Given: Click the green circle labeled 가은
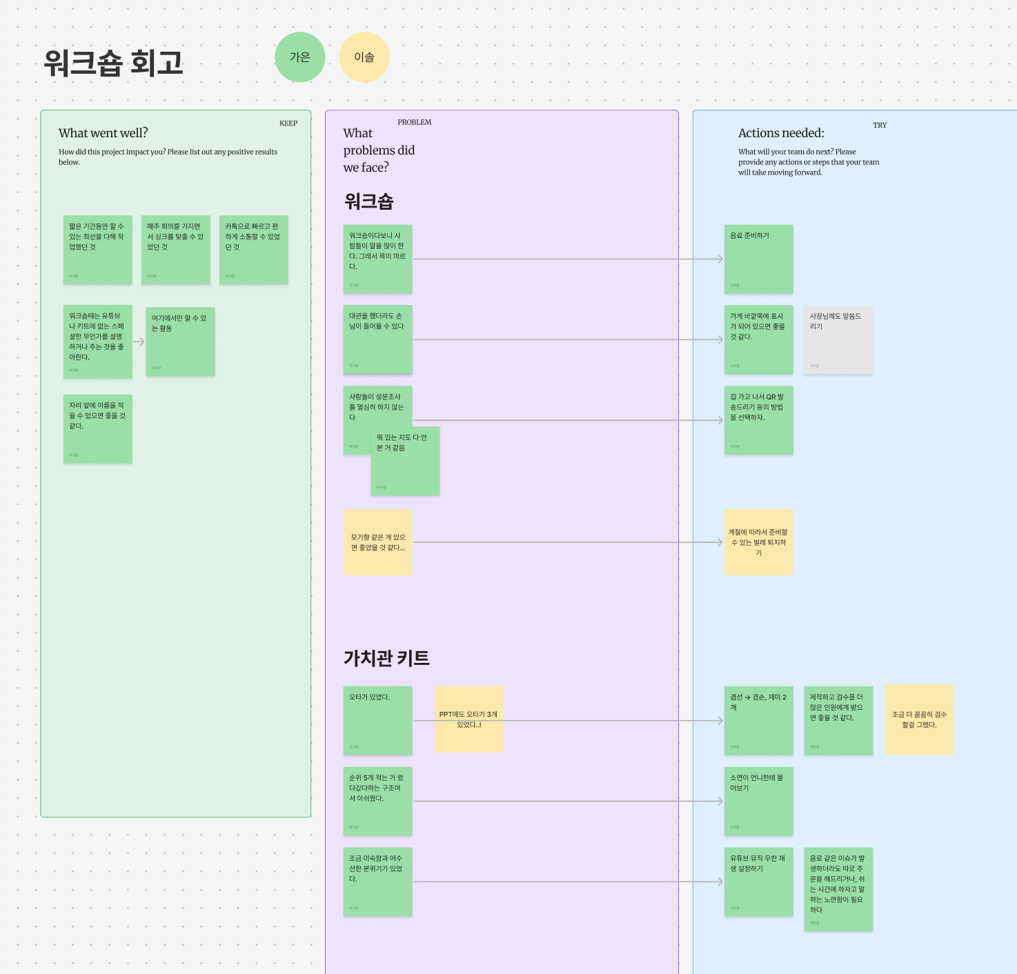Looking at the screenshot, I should pos(299,57).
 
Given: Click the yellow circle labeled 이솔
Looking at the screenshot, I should pos(364,57).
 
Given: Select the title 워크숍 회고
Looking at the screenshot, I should pos(114,63).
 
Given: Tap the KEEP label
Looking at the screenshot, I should pos(288,123).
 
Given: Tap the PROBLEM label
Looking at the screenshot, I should pos(414,122).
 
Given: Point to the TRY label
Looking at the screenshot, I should pos(880,125).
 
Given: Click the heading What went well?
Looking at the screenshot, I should pos(103,133).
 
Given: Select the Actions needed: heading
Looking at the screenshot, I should pos(781,133).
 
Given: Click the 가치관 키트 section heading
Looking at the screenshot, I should pos(386,658).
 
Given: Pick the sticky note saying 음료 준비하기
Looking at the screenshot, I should pos(758,259).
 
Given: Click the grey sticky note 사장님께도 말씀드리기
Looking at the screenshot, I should pos(838,339).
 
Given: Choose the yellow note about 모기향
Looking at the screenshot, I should pos(378,542).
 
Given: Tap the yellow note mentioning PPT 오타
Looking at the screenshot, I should pos(469,719).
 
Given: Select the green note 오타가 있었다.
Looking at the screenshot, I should pos(377,720).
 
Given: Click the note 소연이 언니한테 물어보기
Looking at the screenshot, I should pos(758,801).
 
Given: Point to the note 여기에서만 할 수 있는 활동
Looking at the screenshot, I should pos(180,341).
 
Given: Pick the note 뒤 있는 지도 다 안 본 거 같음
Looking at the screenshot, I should pos(405,461).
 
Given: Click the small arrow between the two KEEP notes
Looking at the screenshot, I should pos(139,341).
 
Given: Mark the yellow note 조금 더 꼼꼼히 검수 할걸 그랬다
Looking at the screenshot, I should pos(919,719).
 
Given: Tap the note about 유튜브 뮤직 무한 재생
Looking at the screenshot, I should pos(758,882).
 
